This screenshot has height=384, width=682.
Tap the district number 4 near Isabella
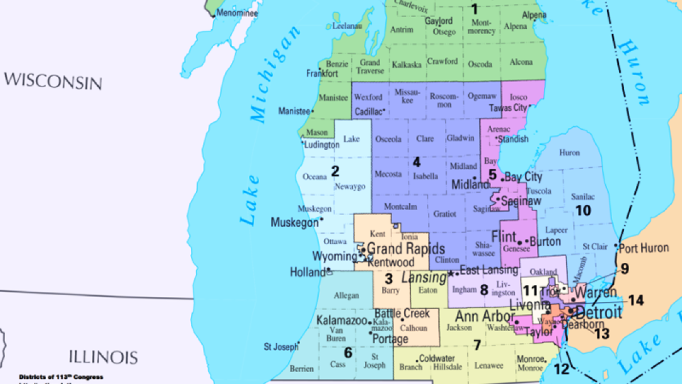(417, 162)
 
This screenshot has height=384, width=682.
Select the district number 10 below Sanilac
(583, 210)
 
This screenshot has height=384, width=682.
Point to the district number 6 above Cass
(348, 353)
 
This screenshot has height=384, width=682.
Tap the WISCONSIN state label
(53, 81)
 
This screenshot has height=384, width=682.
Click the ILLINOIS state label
(103, 357)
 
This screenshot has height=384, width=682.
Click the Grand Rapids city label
(406, 249)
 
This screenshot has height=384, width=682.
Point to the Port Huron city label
(644, 248)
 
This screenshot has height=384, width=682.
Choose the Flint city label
(504, 237)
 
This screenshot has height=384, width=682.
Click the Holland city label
(307, 272)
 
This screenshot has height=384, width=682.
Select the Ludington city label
(322, 145)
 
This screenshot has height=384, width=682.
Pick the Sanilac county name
(583, 197)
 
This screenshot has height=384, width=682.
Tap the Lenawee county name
(489, 365)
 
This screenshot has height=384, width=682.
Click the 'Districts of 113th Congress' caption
(61, 377)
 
